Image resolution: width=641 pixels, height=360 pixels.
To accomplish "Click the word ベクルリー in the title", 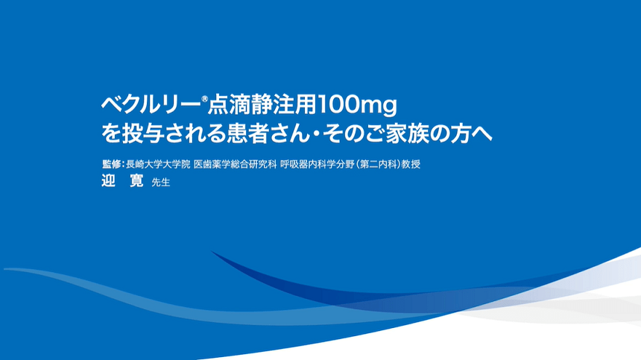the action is pos(151,105).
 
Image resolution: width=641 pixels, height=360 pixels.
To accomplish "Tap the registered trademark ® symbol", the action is pos(205,99).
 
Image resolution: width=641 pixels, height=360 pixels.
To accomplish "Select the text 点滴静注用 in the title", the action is pos(262,105).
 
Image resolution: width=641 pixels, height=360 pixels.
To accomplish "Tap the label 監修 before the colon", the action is pos(111,164).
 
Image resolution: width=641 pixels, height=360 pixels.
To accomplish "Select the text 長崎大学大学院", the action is pos(158,164).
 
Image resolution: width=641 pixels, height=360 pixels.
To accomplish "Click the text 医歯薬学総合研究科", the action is pos(235,164).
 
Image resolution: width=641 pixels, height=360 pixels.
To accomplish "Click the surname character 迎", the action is pos(108,180).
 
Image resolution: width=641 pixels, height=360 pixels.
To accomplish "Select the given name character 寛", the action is pos(136,180).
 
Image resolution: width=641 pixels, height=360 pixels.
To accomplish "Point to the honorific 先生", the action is pos(161,183).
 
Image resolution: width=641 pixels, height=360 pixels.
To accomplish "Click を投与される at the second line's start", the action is pos(163,134).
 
